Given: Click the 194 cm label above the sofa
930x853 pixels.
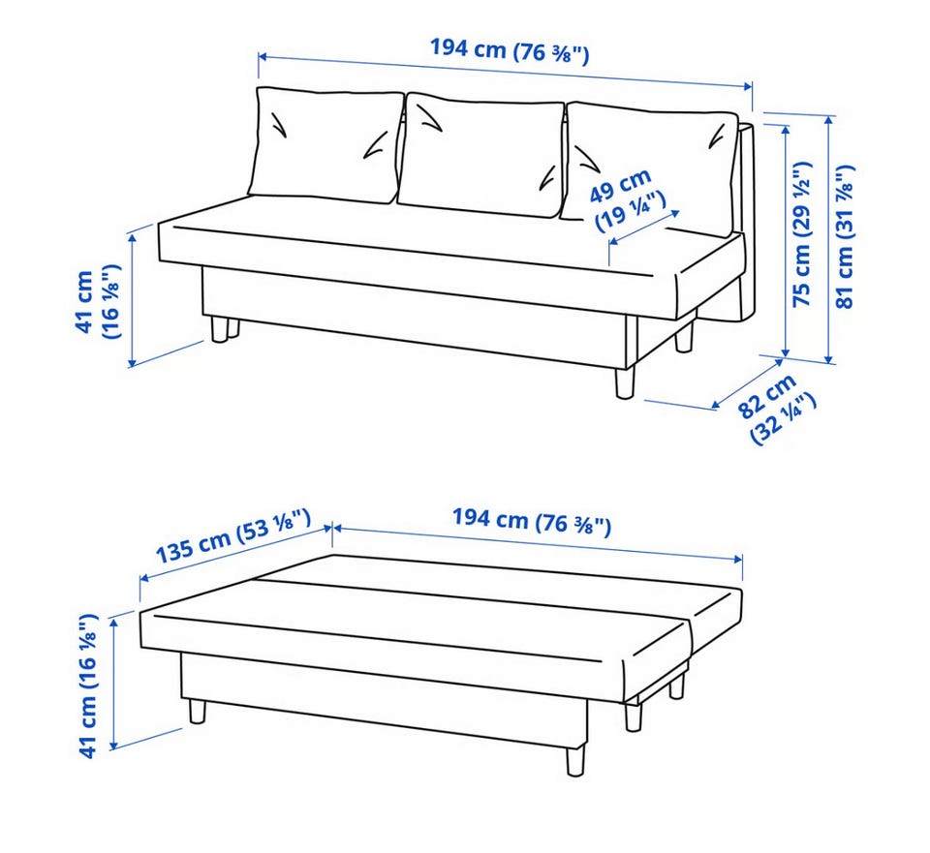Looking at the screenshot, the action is pyautogui.click(x=510, y=50).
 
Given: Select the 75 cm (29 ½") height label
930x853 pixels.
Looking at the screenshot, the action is pyautogui.click(x=802, y=234).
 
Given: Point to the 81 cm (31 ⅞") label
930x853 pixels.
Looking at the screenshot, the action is pyautogui.click(x=845, y=236).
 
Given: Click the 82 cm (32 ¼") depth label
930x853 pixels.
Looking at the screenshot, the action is pyautogui.click(x=777, y=408).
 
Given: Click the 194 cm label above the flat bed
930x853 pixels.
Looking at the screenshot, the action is pyautogui.click(x=532, y=522).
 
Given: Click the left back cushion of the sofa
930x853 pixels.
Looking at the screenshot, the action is pyautogui.click(x=325, y=144).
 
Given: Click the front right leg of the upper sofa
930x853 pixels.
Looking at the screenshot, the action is pyautogui.click(x=625, y=382).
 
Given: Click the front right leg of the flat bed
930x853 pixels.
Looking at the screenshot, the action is pyautogui.click(x=575, y=761).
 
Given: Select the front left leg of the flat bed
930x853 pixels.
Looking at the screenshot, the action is pyautogui.click(x=198, y=712).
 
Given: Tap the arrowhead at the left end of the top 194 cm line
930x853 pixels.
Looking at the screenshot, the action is pyautogui.click(x=263, y=57).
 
